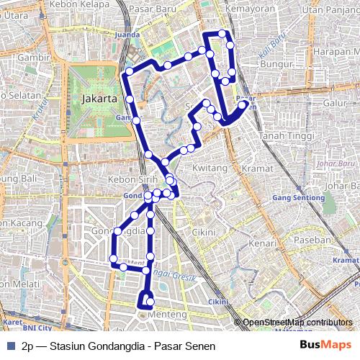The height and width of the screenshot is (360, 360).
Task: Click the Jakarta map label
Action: [x=100, y=98]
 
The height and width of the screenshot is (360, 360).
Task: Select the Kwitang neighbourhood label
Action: [x=210, y=168]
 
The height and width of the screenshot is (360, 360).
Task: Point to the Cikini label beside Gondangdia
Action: [x=204, y=233]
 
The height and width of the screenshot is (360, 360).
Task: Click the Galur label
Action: [x=336, y=103]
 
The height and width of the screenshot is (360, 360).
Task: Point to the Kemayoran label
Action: [x=247, y=9]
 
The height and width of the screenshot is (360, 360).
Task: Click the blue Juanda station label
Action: [x=126, y=33]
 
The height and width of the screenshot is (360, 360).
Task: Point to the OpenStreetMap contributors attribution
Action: [x=297, y=323]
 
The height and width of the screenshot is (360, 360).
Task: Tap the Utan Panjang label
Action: [x=330, y=9]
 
